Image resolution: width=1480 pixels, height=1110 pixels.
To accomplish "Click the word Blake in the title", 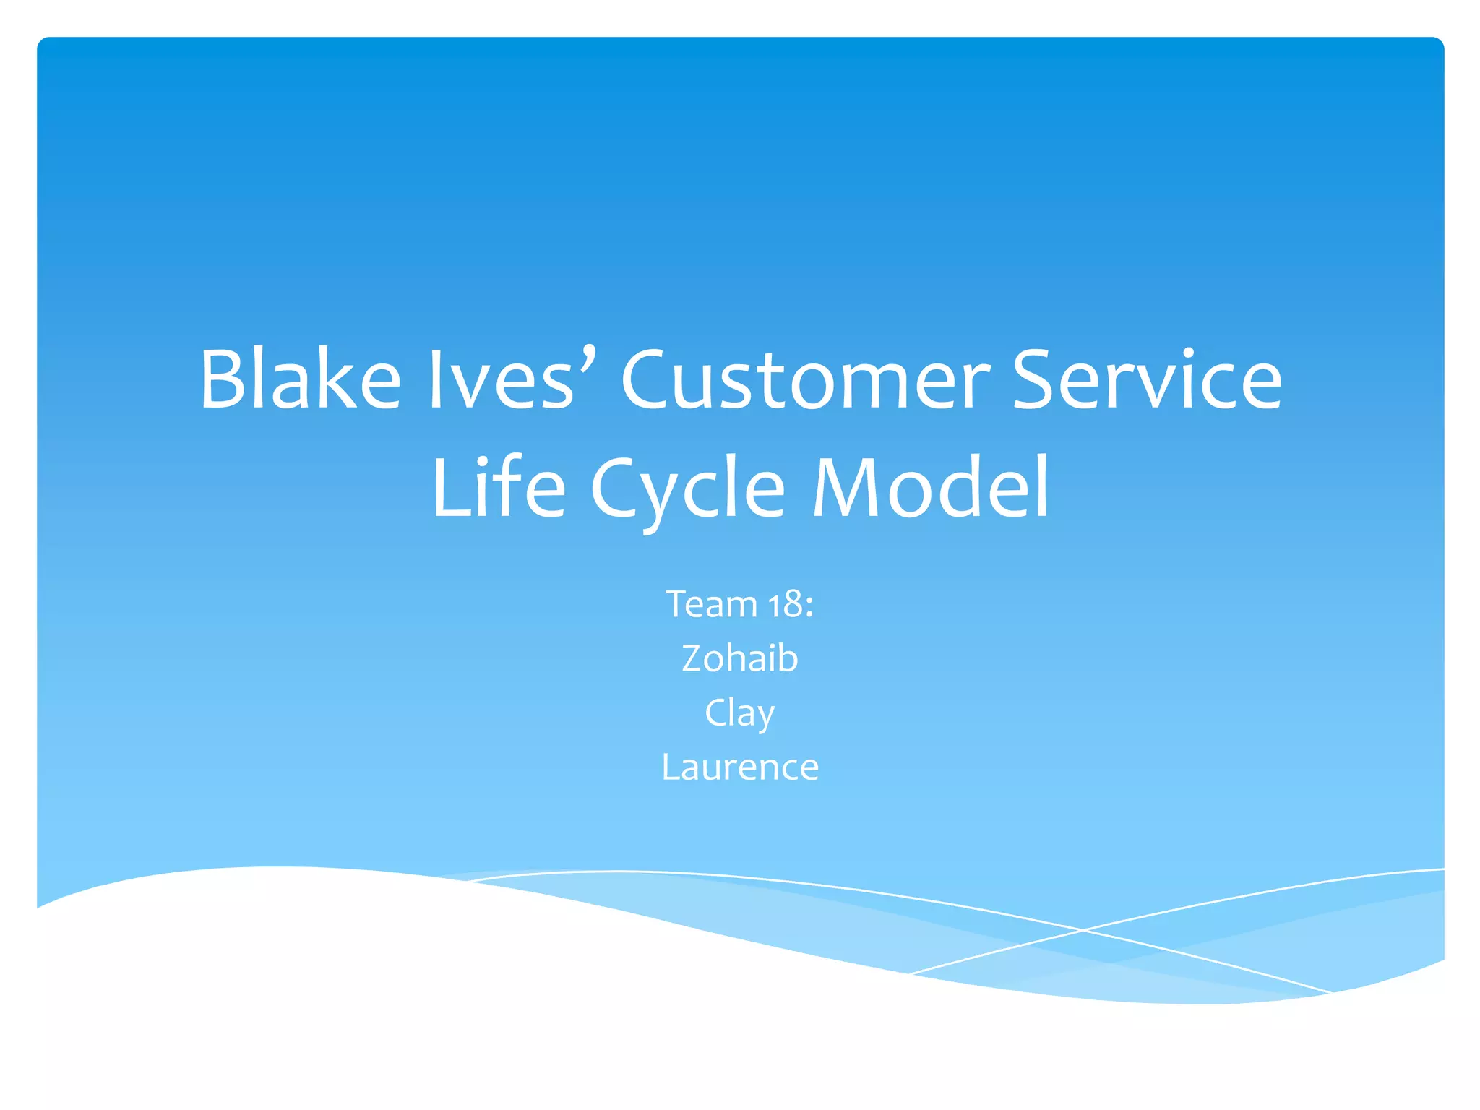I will [x=300, y=379].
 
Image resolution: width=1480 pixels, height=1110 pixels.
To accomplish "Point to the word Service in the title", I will [x=1147, y=379].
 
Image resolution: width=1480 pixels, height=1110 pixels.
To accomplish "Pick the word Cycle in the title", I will [x=687, y=489].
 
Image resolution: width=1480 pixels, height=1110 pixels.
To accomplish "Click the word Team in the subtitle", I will [x=711, y=604].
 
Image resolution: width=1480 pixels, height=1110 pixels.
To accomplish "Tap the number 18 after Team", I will [x=786, y=604].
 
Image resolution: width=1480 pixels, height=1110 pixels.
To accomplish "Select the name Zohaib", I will [x=740, y=658].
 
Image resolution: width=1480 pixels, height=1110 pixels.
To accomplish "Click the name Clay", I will [x=740, y=713].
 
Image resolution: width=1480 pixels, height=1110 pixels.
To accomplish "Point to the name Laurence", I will [x=740, y=767].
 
